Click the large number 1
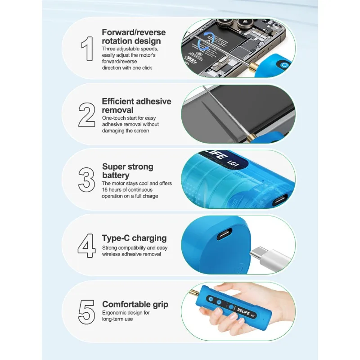point(86,49)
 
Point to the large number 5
point(86,310)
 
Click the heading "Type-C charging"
point(134,238)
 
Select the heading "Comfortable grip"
point(135,304)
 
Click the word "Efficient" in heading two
point(118,101)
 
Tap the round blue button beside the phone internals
point(283,65)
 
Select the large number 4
point(86,245)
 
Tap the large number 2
point(86,115)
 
